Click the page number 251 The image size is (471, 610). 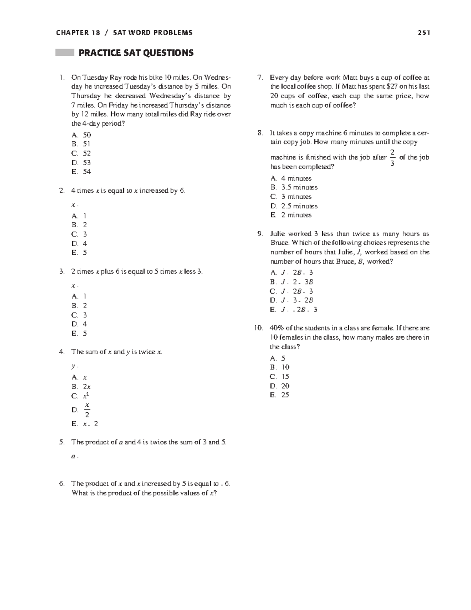click(424, 33)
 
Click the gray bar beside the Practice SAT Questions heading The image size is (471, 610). click(65, 53)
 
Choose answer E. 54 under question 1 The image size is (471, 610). click(81, 172)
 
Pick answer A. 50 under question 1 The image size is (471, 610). click(81, 135)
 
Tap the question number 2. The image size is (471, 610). click(62, 191)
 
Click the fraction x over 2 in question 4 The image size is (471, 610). click(87, 409)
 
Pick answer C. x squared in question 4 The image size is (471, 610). click(81, 396)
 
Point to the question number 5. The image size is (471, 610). click(62, 442)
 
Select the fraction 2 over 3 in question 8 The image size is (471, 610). click(392, 157)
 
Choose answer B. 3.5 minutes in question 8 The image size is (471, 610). click(294, 187)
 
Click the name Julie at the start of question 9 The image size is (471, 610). click(278, 234)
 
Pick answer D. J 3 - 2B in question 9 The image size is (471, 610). click(292, 300)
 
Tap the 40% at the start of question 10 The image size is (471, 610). click(277, 328)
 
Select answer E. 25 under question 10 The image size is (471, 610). click(279, 395)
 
